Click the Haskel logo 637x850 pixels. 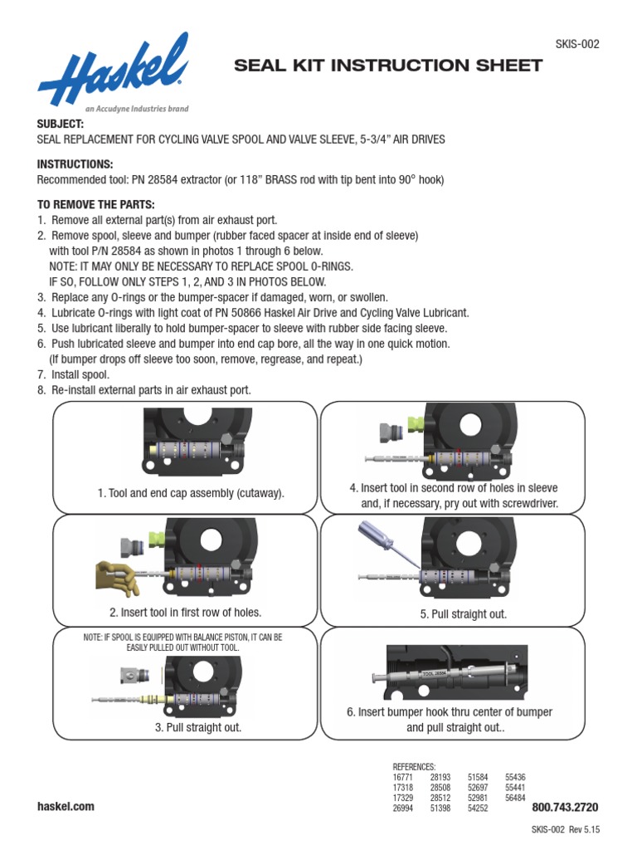[x=111, y=70]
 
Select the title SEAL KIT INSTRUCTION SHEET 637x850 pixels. [x=389, y=66]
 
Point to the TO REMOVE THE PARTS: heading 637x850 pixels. [x=96, y=204]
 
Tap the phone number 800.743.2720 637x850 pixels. [x=565, y=807]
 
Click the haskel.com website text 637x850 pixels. [x=66, y=806]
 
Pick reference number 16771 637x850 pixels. [x=402, y=777]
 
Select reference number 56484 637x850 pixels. [x=515, y=797]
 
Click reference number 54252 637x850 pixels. [x=478, y=807]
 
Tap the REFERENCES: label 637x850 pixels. [x=414, y=766]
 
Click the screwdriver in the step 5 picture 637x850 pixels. [x=378, y=545]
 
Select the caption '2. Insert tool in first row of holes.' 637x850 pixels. [x=186, y=613]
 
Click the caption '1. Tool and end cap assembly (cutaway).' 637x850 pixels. [x=191, y=493]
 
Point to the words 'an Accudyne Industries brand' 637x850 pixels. [x=137, y=109]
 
